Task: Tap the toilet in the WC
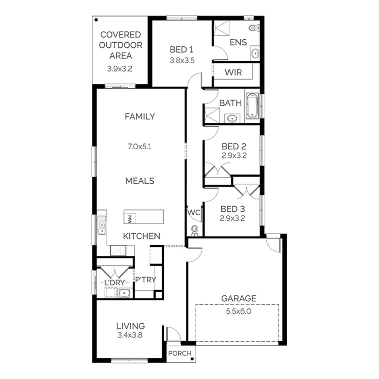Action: [x=195, y=230]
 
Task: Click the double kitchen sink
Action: [x=102, y=225]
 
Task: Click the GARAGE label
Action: [x=239, y=298]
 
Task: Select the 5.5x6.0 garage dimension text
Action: [x=239, y=311]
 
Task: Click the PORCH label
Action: [x=180, y=353]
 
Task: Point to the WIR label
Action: [x=233, y=73]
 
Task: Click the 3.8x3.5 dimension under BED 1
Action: [x=182, y=61]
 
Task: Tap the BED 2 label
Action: [x=234, y=147]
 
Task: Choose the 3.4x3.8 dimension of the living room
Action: [x=130, y=335]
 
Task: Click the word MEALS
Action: [x=140, y=181]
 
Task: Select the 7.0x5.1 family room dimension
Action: [x=140, y=147]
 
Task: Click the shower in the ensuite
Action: [x=221, y=28]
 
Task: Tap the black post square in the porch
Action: [x=192, y=359]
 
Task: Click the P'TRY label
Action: [x=146, y=280]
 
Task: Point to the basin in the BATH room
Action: [x=232, y=118]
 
